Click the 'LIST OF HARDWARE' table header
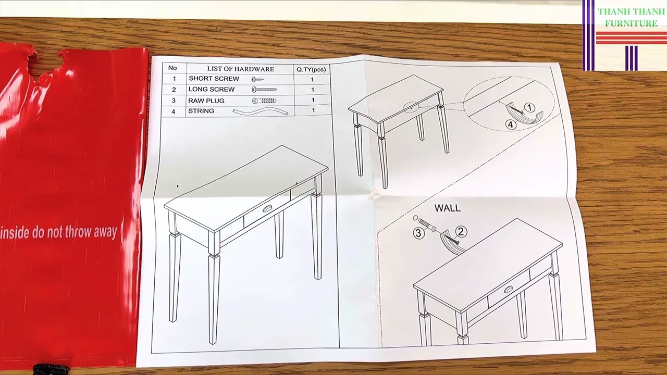(240, 69)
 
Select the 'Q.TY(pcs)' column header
(311, 69)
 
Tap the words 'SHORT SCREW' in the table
(214, 79)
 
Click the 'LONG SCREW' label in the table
(212, 90)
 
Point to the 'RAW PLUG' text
(206, 101)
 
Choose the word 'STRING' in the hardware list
(201, 111)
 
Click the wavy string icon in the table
(260, 111)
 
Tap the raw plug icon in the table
(264, 101)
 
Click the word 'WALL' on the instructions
(447, 208)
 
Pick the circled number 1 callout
(529, 108)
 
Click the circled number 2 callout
(461, 232)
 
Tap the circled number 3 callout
(418, 233)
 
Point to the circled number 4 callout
(511, 125)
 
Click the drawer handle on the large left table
(267, 209)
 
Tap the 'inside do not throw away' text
(58, 232)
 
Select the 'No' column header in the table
(173, 68)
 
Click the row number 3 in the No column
(174, 101)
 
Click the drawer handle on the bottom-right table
(508, 289)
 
